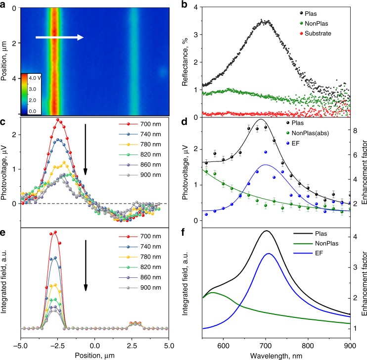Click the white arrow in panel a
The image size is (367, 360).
pos(62,37)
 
